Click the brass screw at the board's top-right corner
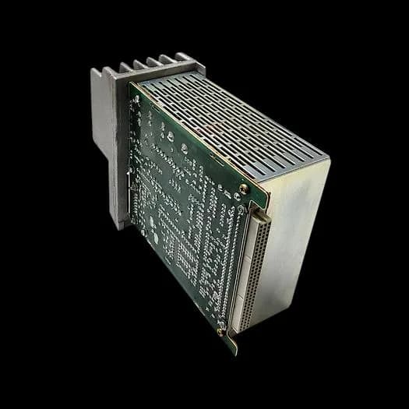244,189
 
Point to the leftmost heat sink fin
97,74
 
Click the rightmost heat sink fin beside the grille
184,58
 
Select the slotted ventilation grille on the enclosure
234,125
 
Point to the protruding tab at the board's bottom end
231,344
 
